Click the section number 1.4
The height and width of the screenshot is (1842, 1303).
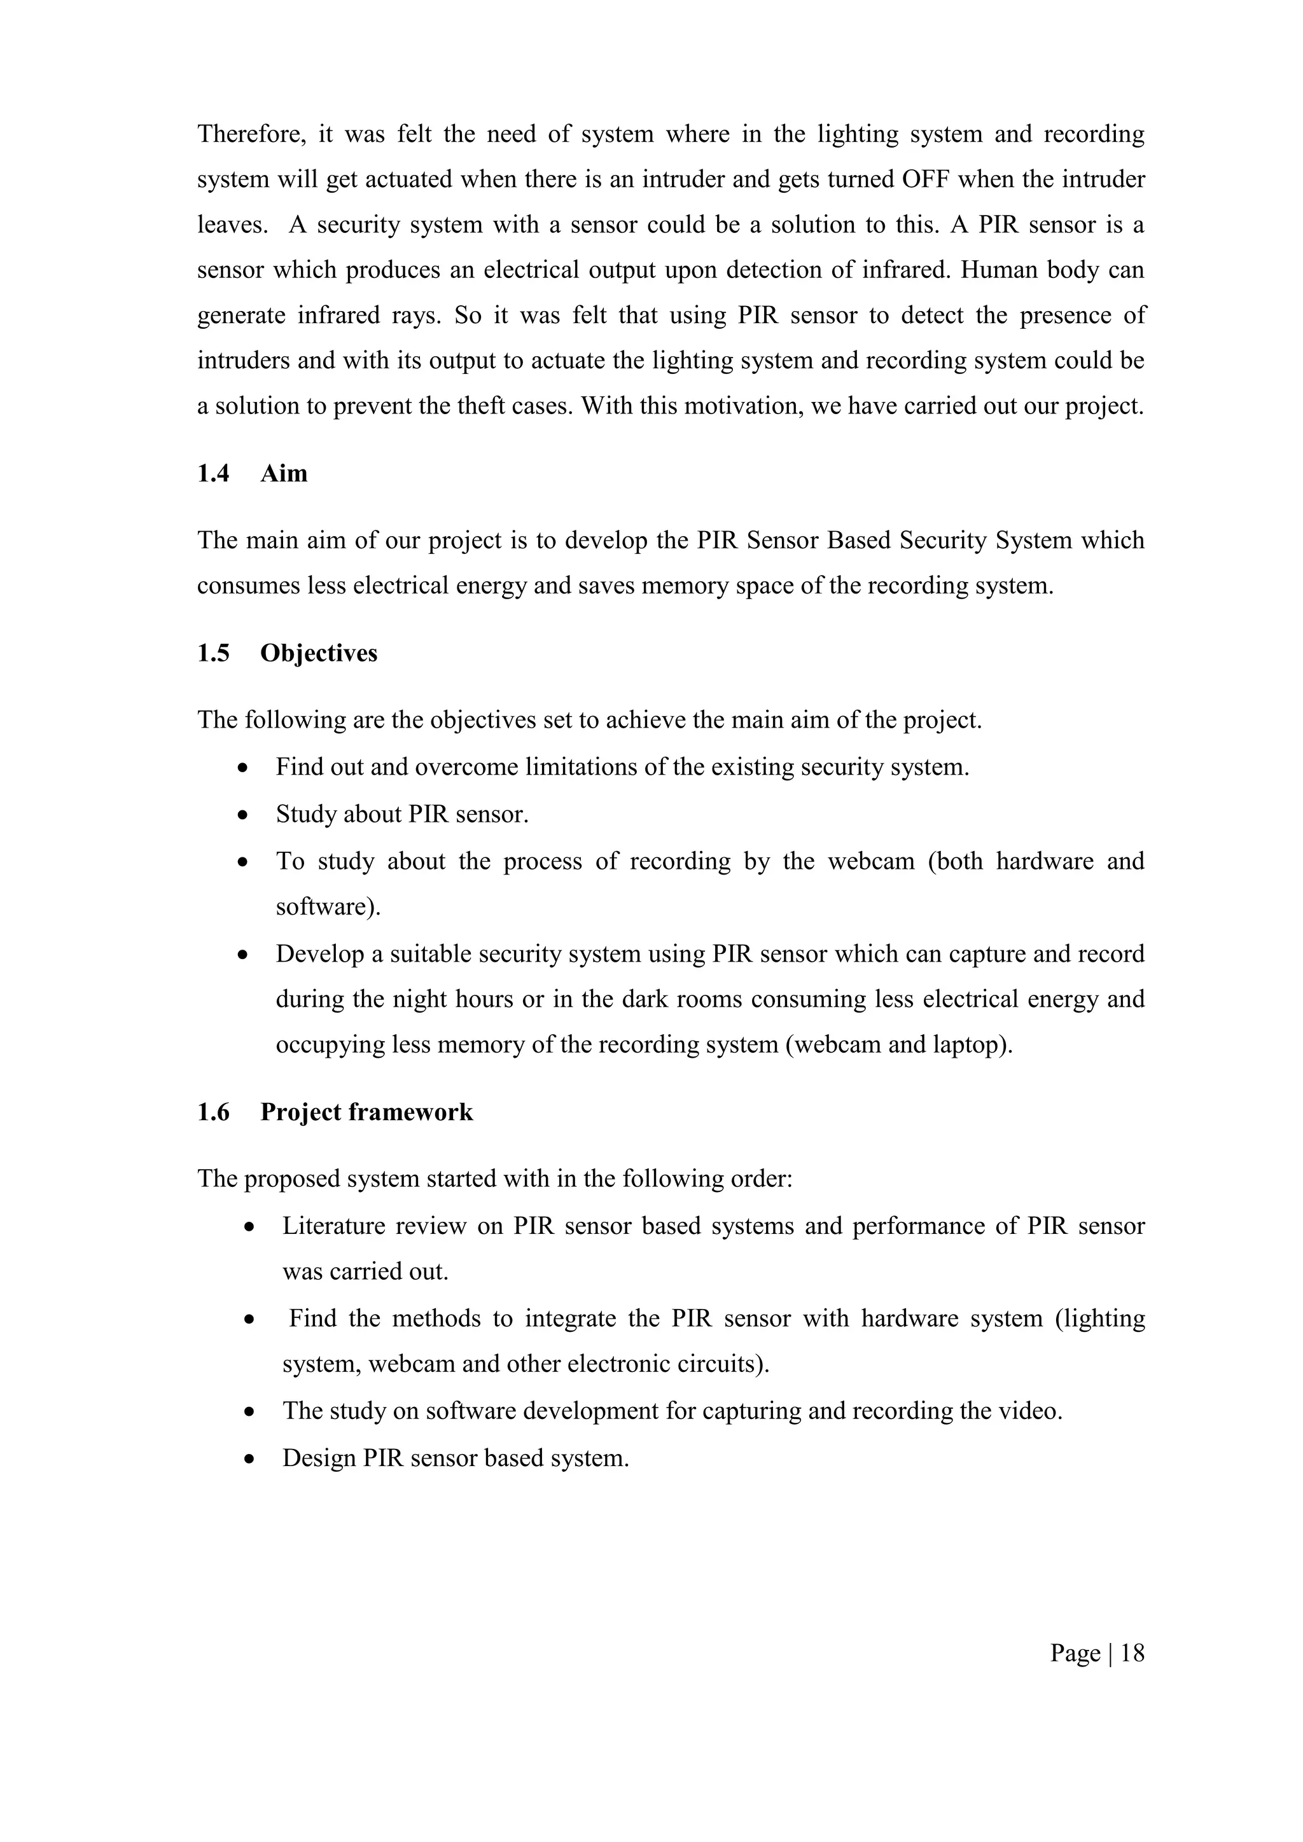tap(213, 473)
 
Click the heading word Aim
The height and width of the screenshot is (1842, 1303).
tap(283, 473)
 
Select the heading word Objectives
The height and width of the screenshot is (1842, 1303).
tap(319, 653)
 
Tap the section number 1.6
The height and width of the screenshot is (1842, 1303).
tap(213, 1112)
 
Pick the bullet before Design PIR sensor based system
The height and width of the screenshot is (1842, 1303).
tap(250, 1459)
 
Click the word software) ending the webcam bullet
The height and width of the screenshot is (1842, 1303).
tap(328, 908)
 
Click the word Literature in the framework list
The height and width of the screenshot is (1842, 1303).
tap(333, 1227)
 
